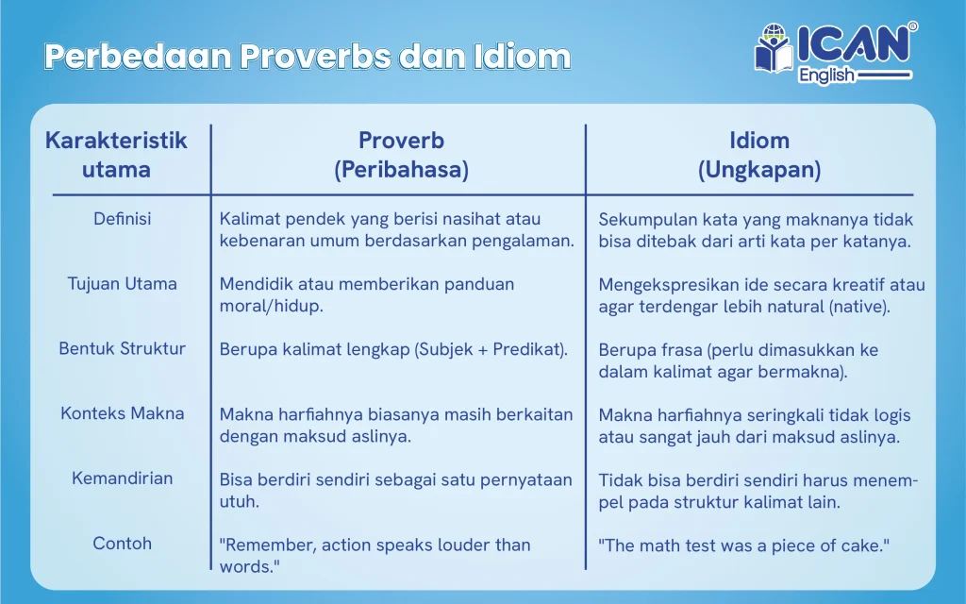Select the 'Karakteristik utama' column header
pos(117,155)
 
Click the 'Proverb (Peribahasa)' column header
pos(401,155)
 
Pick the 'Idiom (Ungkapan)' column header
pos(759,155)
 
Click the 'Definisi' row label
pos(123,219)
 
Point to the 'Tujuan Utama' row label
pos(123,283)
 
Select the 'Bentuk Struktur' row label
pos(123,348)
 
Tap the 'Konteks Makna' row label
pos(123,413)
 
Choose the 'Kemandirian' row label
pos(123,478)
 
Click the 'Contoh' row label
pos(123,544)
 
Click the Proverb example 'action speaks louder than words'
pos(375,555)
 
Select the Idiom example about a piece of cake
pos(744,545)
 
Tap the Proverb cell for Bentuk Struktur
pos(393,349)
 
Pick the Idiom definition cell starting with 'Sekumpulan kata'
pos(756,230)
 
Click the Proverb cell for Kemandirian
pos(395,490)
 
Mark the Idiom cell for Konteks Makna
pos(754,426)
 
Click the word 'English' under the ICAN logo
pos(826,75)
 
